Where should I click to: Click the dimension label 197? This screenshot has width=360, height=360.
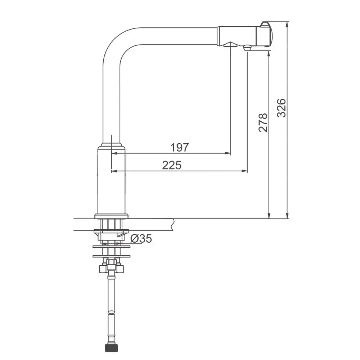pos(180,147)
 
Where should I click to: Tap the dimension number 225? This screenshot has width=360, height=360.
pos(172,165)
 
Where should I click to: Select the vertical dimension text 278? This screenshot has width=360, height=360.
pos(263,122)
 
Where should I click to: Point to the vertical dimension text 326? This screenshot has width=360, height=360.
pos(282,108)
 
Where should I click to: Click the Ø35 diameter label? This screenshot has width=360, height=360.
pos(141,239)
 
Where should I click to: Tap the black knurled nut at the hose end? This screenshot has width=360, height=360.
pos(111,348)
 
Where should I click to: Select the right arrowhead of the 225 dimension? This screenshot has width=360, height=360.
pos(245,171)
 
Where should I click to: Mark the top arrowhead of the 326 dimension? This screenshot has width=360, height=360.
pos(287,25)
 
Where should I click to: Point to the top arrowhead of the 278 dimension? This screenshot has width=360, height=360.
pos(269,54)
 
